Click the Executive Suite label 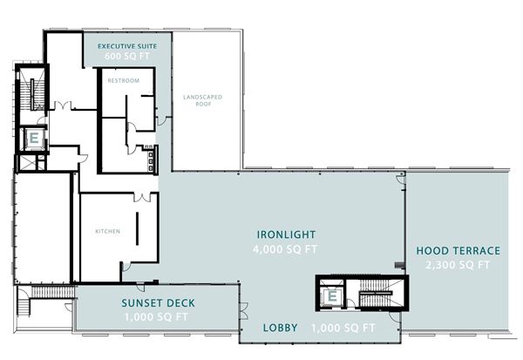click(127, 46)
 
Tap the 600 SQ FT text click(126, 56)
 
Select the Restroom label click(124, 81)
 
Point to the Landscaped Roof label click(203, 100)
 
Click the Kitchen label click(108, 231)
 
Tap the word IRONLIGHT click(286, 234)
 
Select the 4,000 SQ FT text click(285, 249)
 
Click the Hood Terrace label click(458, 250)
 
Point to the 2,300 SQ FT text click(458, 265)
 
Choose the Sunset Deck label click(158, 303)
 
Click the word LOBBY click(280, 328)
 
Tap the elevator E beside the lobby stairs click(332, 296)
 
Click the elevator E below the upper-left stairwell click(34, 138)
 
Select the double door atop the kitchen click(142, 198)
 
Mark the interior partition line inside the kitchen click(137, 229)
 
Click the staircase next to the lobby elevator click(375, 293)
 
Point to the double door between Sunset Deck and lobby click(244, 311)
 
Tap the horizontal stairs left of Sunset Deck click(52, 292)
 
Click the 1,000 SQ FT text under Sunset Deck click(156, 317)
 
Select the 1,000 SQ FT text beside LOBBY click(343, 328)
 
